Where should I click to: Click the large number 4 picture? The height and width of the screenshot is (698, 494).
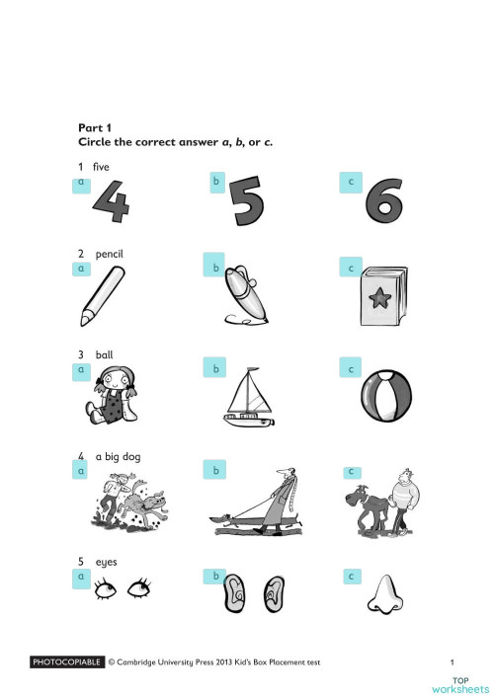tap(111, 202)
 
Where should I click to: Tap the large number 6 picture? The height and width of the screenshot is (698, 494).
tap(383, 202)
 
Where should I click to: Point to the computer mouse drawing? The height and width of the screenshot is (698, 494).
tap(245, 293)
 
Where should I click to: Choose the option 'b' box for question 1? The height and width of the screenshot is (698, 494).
tap(216, 183)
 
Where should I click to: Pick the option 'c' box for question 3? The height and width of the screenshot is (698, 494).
tap(350, 369)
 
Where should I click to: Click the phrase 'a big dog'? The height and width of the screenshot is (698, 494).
tap(120, 456)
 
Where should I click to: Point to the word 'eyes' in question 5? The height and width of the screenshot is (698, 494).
tap(106, 561)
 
